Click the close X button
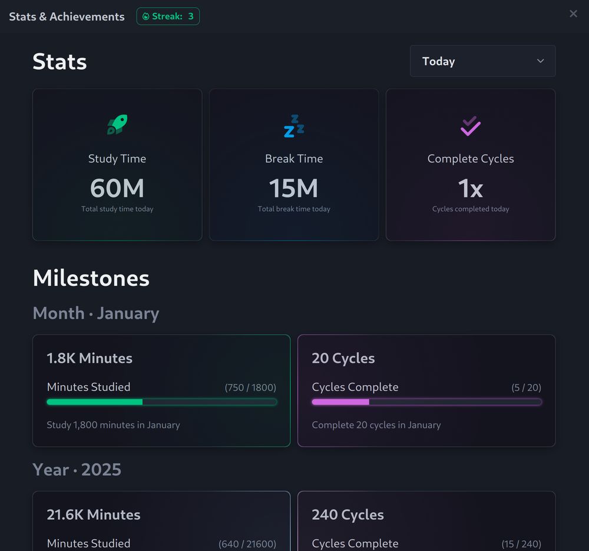coord(573,14)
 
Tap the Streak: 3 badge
coord(168,16)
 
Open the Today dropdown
coord(482,61)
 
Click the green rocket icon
coord(117,125)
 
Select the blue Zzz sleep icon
coord(294,126)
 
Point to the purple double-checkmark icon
coord(471,126)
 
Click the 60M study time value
coord(117,189)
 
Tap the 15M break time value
coord(294,189)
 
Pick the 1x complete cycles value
coord(471,189)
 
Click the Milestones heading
coord(91,278)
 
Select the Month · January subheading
coord(96,313)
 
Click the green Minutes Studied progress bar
coord(161,402)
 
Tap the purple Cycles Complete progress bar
coord(426,402)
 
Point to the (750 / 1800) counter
coord(250,388)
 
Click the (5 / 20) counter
coord(526,388)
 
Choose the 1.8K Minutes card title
coord(90,358)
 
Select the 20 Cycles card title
coord(343,358)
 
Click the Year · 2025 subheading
coord(77,470)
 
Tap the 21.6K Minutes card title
coord(94,515)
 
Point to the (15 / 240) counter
coord(521,544)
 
